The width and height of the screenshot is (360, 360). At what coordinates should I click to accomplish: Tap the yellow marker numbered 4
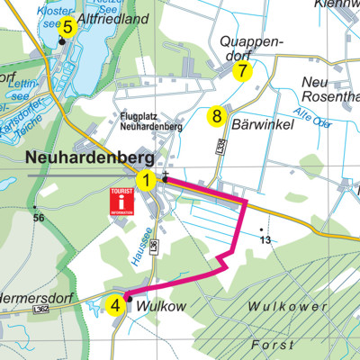(115, 305)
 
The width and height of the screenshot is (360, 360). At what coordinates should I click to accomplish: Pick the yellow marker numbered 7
(242, 72)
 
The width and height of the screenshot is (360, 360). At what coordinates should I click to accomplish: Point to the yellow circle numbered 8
(216, 116)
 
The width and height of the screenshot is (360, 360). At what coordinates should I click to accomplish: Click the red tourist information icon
(121, 202)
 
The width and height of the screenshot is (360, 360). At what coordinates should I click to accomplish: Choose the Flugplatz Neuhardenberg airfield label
(151, 121)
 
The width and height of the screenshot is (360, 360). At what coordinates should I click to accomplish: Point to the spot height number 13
(264, 239)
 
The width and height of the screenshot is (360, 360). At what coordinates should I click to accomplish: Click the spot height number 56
(38, 219)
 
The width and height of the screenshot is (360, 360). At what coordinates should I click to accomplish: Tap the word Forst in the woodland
(272, 345)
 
